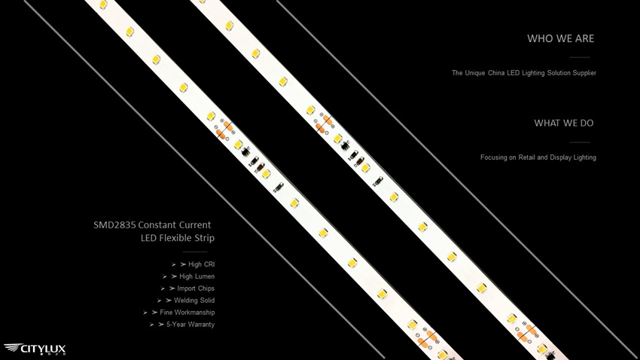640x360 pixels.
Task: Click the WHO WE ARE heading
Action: [560, 38]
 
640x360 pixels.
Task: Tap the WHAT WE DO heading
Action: [564, 124]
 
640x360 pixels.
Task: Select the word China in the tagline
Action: [496, 73]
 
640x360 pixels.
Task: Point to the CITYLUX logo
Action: [35, 349]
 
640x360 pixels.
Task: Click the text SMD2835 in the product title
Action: [114, 225]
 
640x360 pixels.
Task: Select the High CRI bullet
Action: [193, 264]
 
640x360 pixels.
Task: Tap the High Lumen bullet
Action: [188, 276]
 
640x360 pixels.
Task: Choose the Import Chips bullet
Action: [187, 288]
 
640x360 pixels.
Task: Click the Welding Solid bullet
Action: [186, 301]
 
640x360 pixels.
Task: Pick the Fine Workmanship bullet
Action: [178, 313]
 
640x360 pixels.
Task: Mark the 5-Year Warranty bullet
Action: [182, 325]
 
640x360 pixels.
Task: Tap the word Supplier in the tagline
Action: [584, 73]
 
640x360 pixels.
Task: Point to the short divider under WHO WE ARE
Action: [580, 57]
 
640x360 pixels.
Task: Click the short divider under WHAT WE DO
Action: [580, 142]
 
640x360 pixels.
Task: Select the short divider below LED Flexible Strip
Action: [195, 252]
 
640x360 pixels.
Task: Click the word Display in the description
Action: [560, 157]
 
